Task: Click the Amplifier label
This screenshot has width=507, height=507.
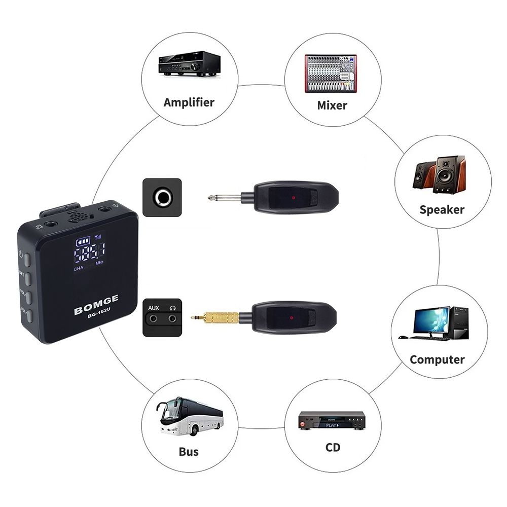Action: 189,102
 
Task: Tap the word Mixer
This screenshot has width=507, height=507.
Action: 332,105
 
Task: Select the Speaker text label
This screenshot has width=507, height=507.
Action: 442,209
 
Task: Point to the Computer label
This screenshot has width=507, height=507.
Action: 437,359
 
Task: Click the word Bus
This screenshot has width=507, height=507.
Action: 189,451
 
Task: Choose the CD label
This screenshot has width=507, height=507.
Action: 333,447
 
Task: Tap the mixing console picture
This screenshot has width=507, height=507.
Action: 331,73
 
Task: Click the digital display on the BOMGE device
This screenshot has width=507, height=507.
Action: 89,250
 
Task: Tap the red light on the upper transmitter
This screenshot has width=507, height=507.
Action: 293,195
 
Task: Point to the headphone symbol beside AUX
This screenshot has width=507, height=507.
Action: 173,308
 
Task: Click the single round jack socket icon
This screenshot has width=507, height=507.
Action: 162,197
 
